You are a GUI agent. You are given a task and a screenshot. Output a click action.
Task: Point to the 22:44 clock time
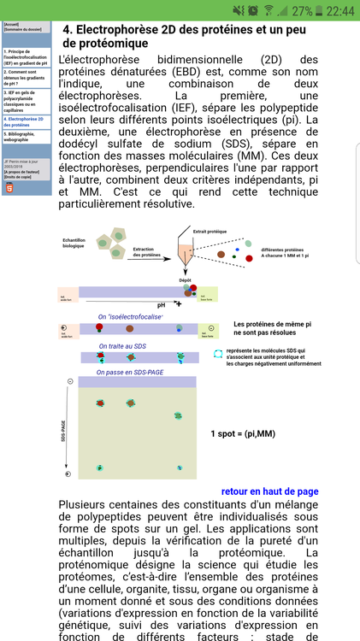[341, 11]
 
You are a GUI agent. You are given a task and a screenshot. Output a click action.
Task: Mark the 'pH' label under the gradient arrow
[161, 303]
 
